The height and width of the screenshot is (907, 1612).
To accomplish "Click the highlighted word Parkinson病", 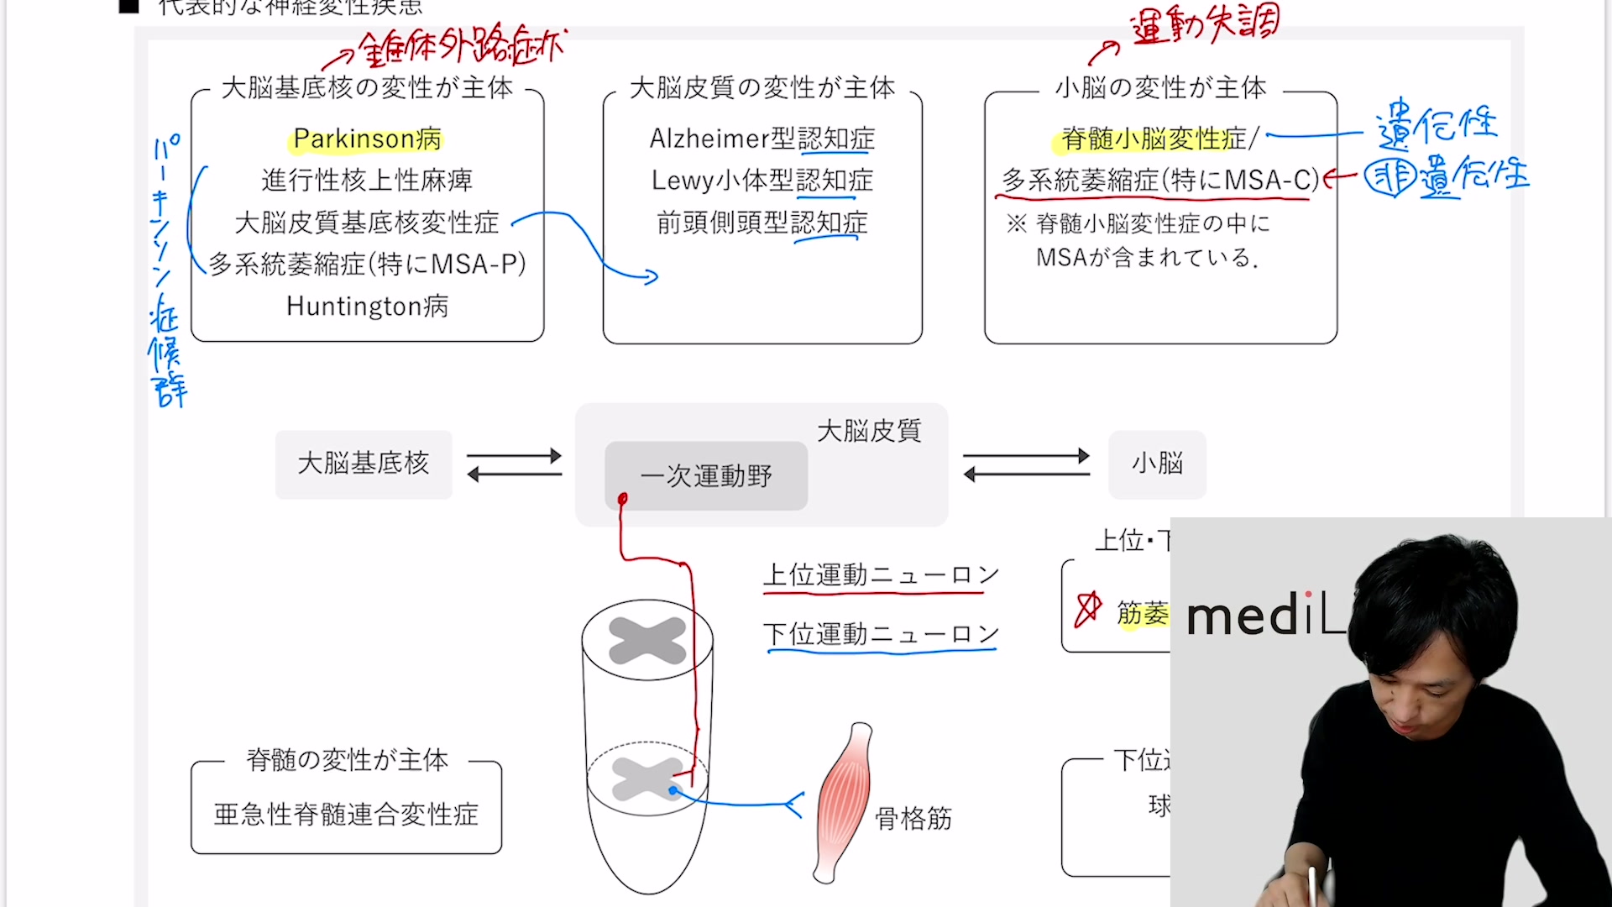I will pos(367,139).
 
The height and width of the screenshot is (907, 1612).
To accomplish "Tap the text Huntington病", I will pos(367,307).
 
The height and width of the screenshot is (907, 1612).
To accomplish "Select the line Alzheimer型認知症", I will pos(762,139).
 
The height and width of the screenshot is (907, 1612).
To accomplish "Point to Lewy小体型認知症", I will pos(762,181).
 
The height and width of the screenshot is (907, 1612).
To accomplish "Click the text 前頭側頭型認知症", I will pos(762,223).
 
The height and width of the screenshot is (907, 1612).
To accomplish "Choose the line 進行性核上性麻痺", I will pos(367,181).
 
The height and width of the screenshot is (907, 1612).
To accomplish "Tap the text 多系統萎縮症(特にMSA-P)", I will pos(367,265).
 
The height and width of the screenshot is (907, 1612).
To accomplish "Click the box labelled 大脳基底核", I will pos(363,464).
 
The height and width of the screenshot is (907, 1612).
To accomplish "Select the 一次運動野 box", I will pos(705,476).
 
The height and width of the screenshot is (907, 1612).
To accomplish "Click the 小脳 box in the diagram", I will pos(1157,464).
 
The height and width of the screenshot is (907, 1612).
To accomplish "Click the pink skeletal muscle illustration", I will pos(842,802).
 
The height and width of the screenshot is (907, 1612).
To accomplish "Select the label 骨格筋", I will pos(913,818).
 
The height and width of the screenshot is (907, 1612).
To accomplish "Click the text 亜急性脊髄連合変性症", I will pos(346,814).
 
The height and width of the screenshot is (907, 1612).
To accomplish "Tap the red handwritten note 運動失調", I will pos(1205,25).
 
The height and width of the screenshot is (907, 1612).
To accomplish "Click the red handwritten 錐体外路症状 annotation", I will pos(462,48).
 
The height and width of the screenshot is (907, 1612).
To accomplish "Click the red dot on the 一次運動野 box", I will pos(622,500).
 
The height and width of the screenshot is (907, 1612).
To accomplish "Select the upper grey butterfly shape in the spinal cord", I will pos(647,641).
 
